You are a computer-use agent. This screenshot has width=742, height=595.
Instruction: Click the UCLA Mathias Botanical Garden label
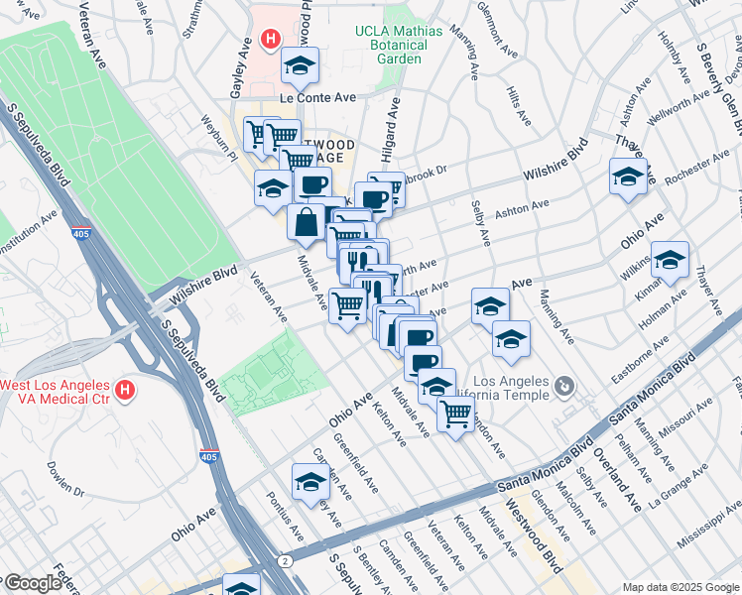pos(398,45)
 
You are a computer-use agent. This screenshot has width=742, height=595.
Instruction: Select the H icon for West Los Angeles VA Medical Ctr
pos(124,391)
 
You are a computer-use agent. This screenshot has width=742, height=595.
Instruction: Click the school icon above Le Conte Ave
pos(300,66)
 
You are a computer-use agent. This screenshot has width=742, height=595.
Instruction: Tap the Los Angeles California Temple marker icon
pos(563,385)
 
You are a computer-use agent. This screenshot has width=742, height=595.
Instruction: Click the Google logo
pos(33,584)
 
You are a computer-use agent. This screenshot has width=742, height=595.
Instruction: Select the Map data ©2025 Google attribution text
pos(679,586)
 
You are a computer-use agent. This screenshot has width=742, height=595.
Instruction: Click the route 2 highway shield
pos(287,560)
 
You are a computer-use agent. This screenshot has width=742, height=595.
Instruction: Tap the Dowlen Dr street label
pos(64,479)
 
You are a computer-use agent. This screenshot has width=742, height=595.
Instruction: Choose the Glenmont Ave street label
pos(496,40)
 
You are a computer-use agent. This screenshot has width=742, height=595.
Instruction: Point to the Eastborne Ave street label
pos(625,362)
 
